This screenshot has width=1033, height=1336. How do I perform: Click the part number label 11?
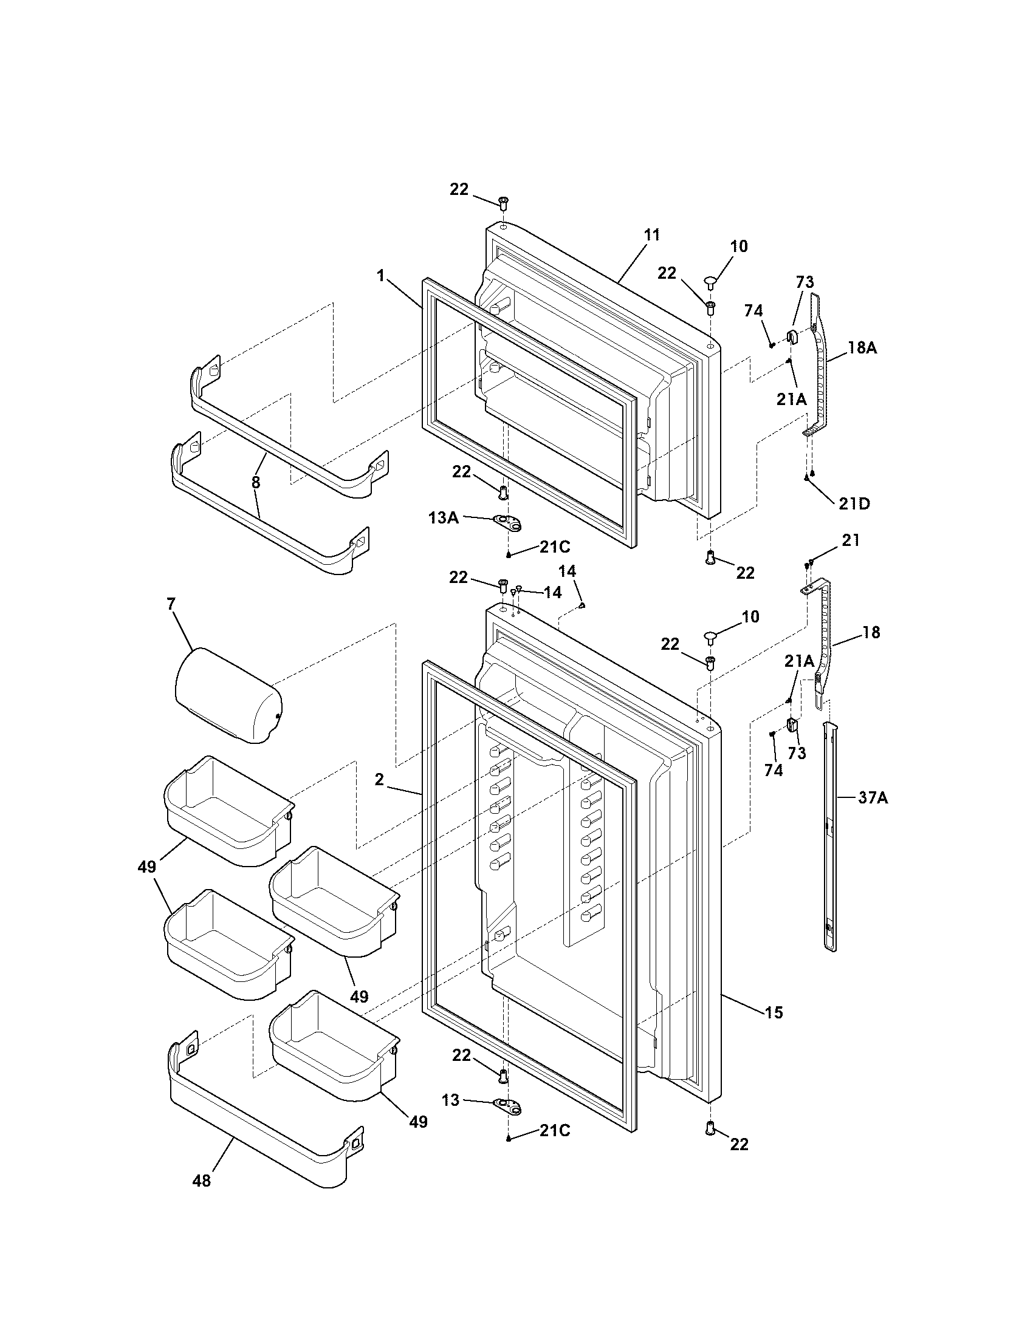[652, 234]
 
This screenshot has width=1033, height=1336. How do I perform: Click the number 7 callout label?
[171, 604]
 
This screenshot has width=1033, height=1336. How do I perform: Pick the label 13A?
[444, 518]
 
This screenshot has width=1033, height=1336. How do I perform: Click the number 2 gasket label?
[379, 780]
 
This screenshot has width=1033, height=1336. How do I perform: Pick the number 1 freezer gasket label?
[380, 276]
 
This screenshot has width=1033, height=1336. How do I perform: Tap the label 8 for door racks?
[255, 483]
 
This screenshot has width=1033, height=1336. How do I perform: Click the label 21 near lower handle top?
[850, 540]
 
